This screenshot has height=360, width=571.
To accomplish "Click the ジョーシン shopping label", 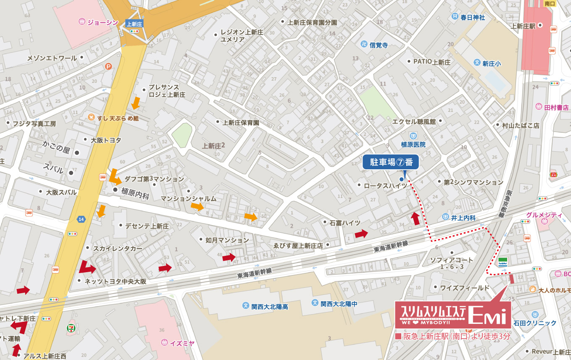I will [99, 22].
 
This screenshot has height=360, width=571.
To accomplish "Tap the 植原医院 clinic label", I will [413, 144].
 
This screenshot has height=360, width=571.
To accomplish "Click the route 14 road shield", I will [81, 219].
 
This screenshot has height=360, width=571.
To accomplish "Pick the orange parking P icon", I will [109, 66].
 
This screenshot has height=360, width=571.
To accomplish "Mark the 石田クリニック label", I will [535, 323].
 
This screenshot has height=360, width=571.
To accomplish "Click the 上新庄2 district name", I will [213, 146].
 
